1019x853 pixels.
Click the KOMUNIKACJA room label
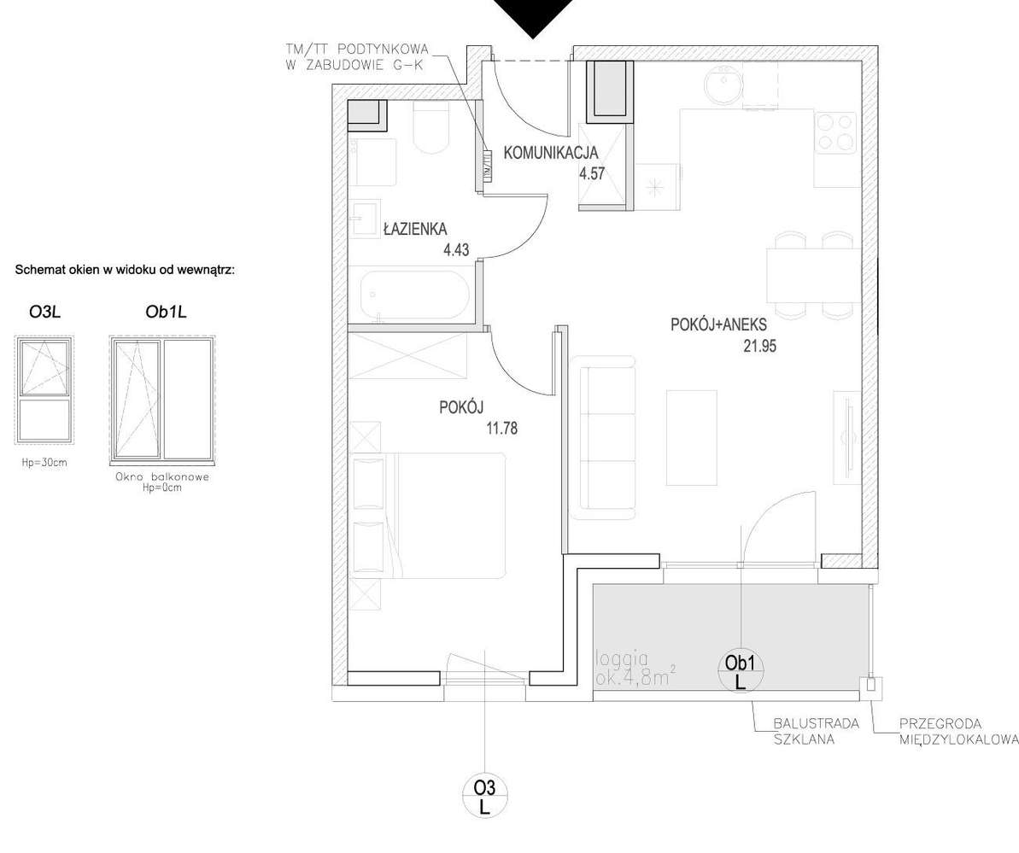[551, 154]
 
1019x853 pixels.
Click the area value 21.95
[760, 346]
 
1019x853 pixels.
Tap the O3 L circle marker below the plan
[484, 795]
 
